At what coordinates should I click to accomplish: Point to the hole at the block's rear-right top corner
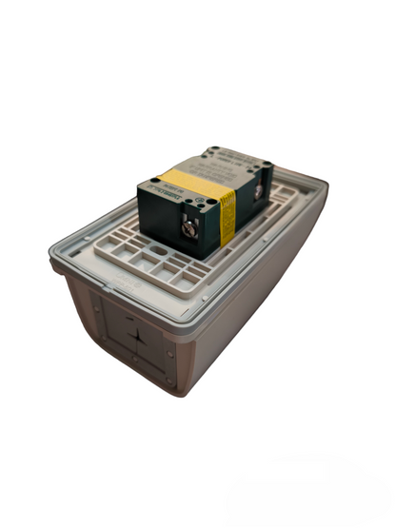tap(266, 166)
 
